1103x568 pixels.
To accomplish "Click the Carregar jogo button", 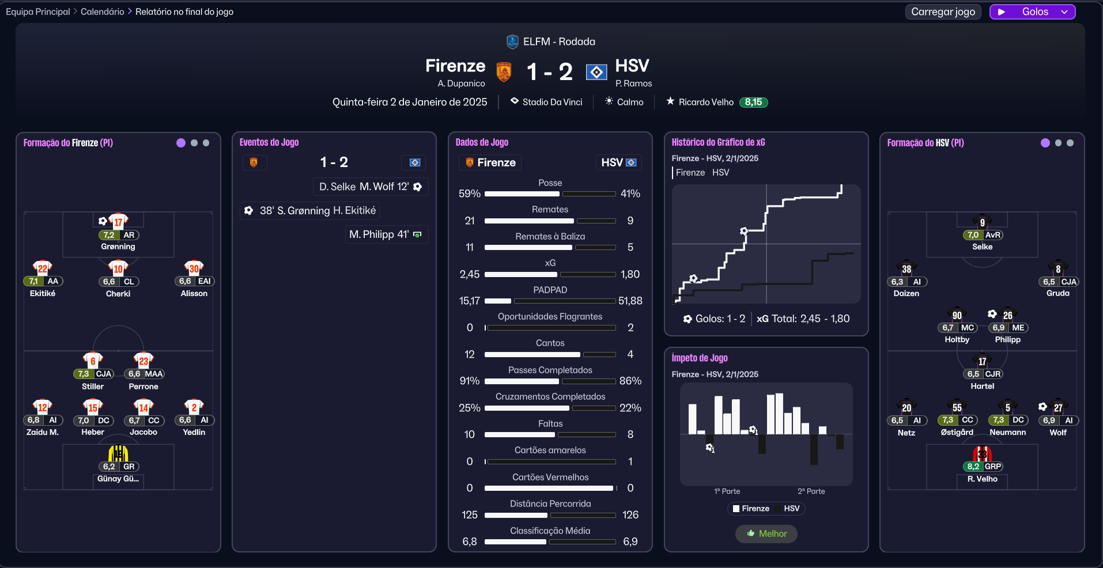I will click(x=943, y=12).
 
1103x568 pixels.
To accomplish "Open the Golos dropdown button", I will click(x=1032, y=12).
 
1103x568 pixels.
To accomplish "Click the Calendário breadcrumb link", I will click(x=102, y=12).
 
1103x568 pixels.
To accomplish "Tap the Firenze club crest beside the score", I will click(x=504, y=72).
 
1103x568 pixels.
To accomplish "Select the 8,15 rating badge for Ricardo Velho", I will click(x=753, y=102).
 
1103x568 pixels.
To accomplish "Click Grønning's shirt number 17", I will click(x=118, y=222).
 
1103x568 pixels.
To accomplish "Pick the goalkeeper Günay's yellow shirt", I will click(x=118, y=454).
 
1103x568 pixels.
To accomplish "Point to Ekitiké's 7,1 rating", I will click(x=33, y=281).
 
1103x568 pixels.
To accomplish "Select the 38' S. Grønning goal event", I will click(x=310, y=210).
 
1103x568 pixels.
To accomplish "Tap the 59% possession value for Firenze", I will click(x=469, y=194).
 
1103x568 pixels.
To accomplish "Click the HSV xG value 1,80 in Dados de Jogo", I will click(x=630, y=274).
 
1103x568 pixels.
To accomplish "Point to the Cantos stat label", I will click(x=550, y=343).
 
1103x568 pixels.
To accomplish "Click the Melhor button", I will click(x=766, y=533).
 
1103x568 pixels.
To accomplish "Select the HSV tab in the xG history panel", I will click(x=720, y=172).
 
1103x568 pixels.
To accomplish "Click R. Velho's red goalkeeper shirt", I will click(x=982, y=454).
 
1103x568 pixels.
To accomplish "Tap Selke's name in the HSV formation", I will click(x=982, y=247).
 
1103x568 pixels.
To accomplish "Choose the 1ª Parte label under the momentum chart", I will click(x=727, y=491).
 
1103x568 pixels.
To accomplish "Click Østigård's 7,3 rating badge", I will click(x=948, y=420).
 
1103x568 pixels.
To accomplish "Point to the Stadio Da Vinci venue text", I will click(x=552, y=102).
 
